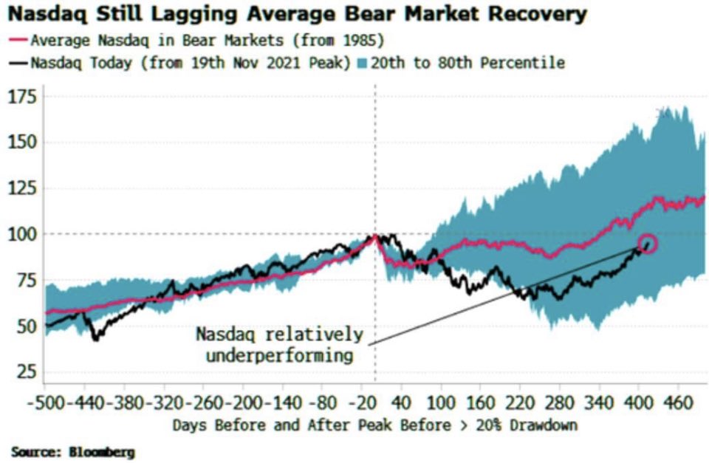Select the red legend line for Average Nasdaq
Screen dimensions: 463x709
tap(20, 39)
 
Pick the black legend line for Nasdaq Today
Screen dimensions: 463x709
tap(20, 63)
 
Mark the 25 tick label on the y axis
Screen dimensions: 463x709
tap(24, 371)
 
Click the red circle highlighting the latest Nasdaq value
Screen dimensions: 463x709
tap(648, 244)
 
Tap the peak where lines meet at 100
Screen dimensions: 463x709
tap(375, 236)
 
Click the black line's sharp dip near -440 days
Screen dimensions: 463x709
tap(95, 339)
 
